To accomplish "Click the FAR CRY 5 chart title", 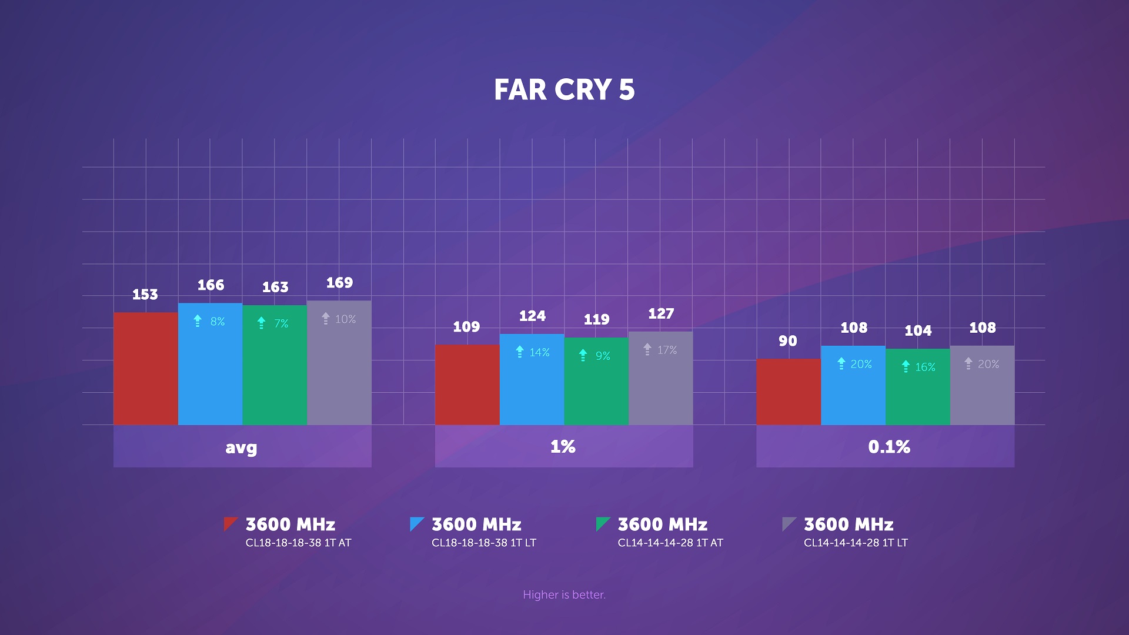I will pyautogui.click(x=564, y=90).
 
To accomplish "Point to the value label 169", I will pyautogui.click(x=339, y=283).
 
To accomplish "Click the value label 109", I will pyautogui.click(x=466, y=327).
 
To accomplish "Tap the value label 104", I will pyautogui.click(x=918, y=330).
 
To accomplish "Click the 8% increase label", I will pyautogui.click(x=218, y=322).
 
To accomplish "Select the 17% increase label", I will pyautogui.click(x=667, y=350).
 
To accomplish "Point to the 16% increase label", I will pyautogui.click(x=925, y=367).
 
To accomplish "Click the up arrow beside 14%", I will pyautogui.click(x=520, y=352).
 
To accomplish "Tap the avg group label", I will pyautogui.click(x=242, y=447).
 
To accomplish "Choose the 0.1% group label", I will pyautogui.click(x=889, y=447).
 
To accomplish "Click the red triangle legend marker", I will pyautogui.click(x=229, y=523).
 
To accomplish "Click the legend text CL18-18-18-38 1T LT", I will pyautogui.click(x=483, y=543).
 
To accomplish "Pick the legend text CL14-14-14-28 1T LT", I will pyautogui.click(x=856, y=543).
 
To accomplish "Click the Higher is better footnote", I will pyautogui.click(x=564, y=594).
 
